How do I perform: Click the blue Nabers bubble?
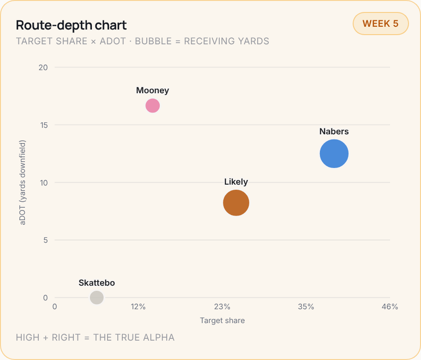pyautogui.click(x=334, y=154)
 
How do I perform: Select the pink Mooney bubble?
pyautogui.click(x=152, y=106)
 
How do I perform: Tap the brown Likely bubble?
pyautogui.click(x=236, y=203)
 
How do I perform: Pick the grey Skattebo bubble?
pyautogui.click(x=96, y=297)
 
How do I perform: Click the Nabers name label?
pyautogui.click(x=334, y=131)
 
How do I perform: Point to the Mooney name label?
pyautogui.click(x=152, y=90)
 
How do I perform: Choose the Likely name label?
pyautogui.click(x=236, y=182)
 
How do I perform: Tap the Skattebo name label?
pyautogui.click(x=96, y=282)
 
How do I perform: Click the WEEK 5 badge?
pyautogui.click(x=380, y=24)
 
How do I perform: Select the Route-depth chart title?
pyautogui.click(x=71, y=25)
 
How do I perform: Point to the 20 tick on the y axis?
pyautogui.click(x=43, y=67)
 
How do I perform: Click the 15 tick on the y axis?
pyautogui.click(x=43, y=125)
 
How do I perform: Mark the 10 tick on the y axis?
pyautogui.click(x=43, y=183)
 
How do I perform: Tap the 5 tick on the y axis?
pyautogui.click(x=45, y=240)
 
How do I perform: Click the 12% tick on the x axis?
pyautogui.click(x=138, y=306)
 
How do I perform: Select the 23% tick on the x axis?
pyautogui.click(x=222, y=306)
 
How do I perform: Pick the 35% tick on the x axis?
pyautogui.click(x=306, y=306)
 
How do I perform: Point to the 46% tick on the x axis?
pyautogui.click(x=390, y=306)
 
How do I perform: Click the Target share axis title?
pyautogui.click(x=223, y=320)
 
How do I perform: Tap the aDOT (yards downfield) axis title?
pyautogui.click(x=22, y=183)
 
